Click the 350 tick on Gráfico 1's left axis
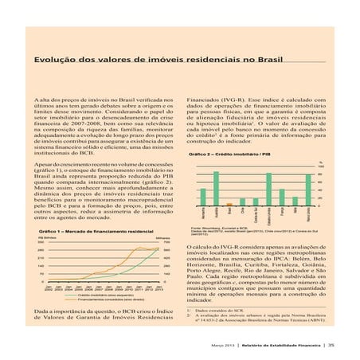click(41, 241)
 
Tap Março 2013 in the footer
click(222, 344)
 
